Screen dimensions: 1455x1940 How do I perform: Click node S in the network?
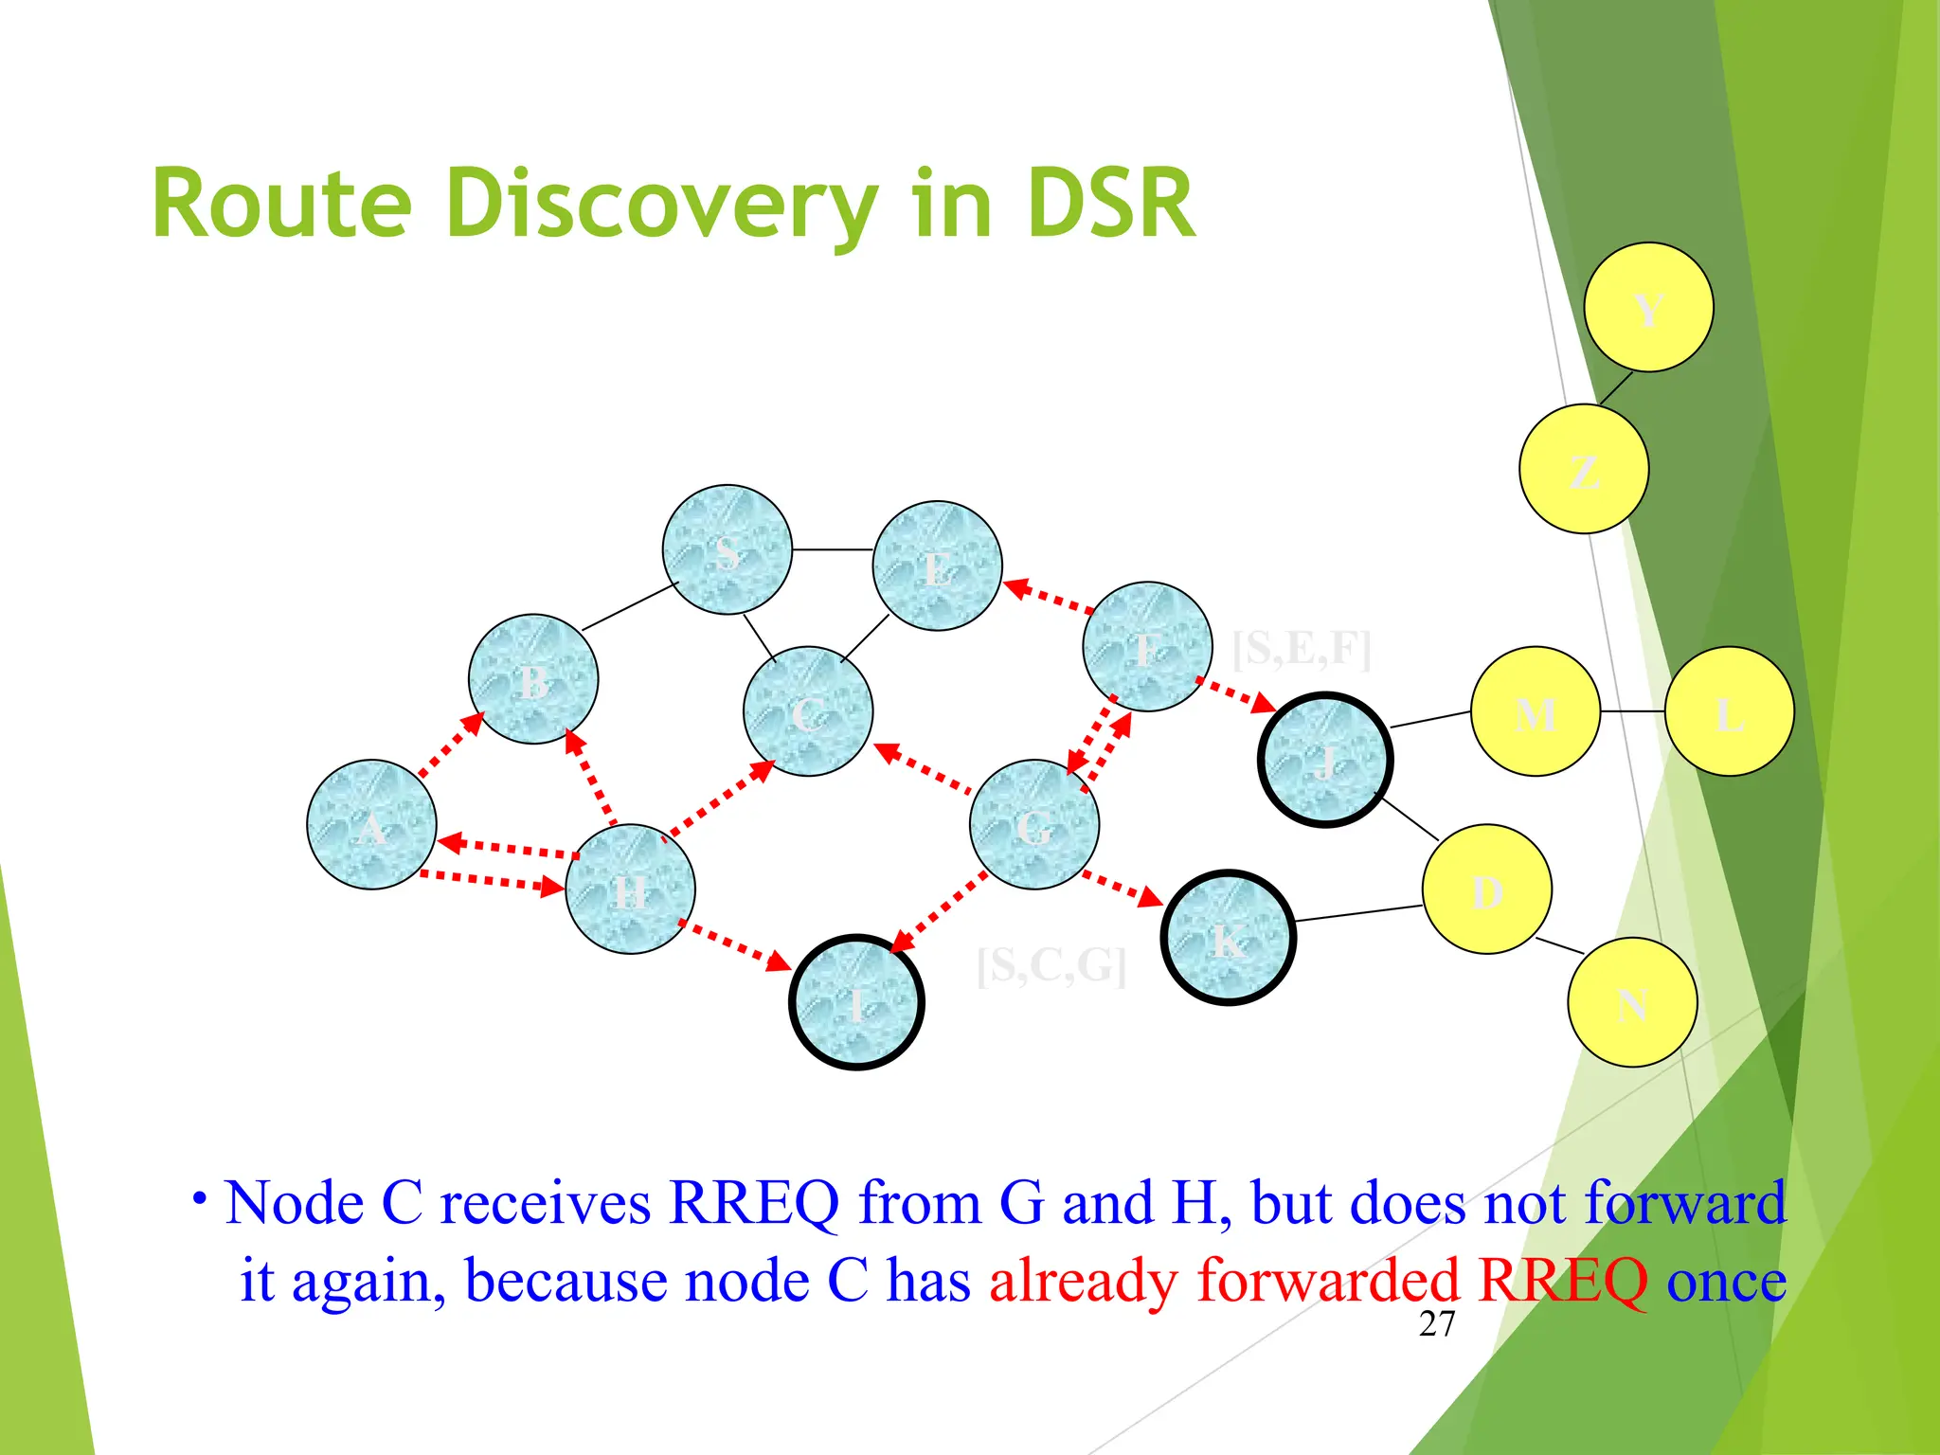click(727, 550)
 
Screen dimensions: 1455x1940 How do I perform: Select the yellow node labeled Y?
click(1648, 307)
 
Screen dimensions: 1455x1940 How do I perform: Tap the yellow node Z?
click(1584, 469)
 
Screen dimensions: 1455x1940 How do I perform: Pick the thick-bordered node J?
click(1325, 760)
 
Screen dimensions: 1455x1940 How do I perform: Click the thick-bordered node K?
click(1228, 938)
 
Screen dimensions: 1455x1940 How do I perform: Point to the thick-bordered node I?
click(856, 1002)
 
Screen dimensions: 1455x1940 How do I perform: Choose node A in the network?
click(371, 824)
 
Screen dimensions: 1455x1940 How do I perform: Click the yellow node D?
click(1487, 889)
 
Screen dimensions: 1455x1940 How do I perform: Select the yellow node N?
click(1632, 1002)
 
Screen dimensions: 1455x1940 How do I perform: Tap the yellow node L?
click(1730, 711)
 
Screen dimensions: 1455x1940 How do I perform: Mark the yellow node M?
click(1536, 711)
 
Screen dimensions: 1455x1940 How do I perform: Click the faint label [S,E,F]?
click(1302, 649)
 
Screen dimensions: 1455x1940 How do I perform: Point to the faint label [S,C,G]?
click(1051, 965)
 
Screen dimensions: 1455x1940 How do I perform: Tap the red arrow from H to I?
click(735, 944)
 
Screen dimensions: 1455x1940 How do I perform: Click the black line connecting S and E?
click(832, 549)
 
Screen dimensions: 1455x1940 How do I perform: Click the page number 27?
click(1436, 1324)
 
